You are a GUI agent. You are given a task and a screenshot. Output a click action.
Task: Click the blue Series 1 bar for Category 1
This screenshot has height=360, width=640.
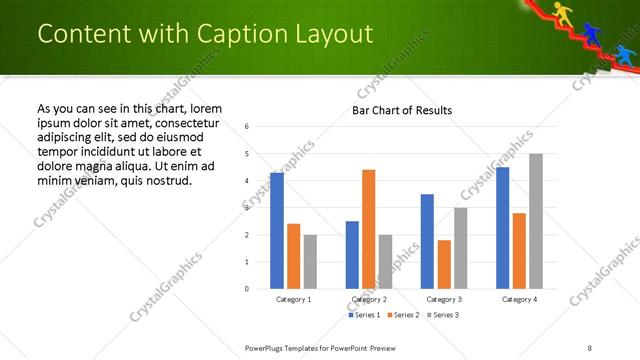click(277, 231)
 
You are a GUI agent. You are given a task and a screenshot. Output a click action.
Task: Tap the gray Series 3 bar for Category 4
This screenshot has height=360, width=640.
click(536, 221)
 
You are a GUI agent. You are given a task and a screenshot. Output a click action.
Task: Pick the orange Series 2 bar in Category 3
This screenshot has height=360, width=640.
click(444, 264)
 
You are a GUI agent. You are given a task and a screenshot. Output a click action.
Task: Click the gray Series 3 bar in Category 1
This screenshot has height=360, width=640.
click(310, 262)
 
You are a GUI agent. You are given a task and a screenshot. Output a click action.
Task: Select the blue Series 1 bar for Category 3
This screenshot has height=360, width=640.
click(427, 241)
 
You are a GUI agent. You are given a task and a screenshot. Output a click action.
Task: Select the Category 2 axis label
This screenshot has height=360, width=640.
click(369, 299)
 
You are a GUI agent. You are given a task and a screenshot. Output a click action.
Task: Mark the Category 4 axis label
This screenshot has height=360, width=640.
click(519, 299)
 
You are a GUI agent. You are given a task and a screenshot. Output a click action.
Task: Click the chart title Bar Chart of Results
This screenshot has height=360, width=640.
click(402, 110)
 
